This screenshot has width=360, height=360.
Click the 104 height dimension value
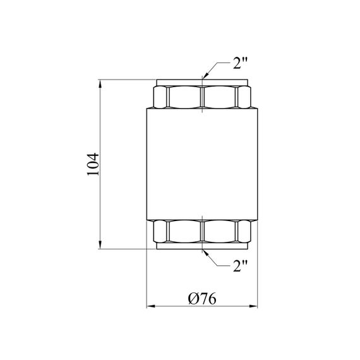tap(93, 164)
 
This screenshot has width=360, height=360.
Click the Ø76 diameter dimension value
tap(202, 299)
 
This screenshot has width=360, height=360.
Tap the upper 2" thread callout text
tap(241, 63)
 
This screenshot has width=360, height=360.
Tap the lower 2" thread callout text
tap(241, 267)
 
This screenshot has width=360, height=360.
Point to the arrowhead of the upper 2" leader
tap(205, 76)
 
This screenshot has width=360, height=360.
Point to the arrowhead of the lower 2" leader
tap(205, 253)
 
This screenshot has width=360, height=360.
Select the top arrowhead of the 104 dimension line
tap(100, 84)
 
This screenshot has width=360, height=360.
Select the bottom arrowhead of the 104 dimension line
tap(100, 244)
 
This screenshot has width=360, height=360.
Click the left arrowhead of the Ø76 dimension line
tap(151, 306)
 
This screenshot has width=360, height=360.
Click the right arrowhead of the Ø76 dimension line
tap(253, 306)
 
